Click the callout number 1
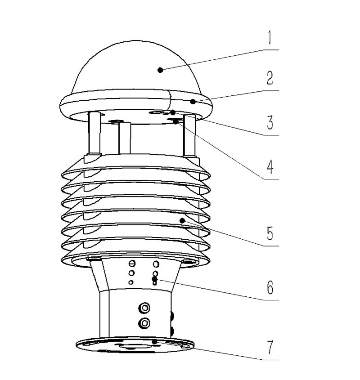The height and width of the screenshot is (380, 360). point(270,38)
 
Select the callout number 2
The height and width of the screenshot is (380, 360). point(270,78)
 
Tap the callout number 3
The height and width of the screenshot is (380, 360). point(270,122)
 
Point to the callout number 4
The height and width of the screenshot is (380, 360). point(270,167)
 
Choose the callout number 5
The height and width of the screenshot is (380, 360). point(270,233)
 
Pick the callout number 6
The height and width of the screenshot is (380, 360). point(270,287)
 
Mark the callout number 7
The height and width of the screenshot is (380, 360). point(270,347)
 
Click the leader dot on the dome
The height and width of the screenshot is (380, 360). point(160,70)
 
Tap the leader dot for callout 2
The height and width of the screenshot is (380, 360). point(193,102)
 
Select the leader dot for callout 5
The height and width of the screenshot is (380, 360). point(182,220)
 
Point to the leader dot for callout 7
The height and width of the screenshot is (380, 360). point(154,342)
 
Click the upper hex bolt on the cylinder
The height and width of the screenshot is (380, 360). point(144,308)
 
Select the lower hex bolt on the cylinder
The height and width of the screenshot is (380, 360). point(144,323)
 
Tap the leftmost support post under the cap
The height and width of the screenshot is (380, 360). point(94,133)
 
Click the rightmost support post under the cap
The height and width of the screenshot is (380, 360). point(190,135)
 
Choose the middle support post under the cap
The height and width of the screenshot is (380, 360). point(125,138)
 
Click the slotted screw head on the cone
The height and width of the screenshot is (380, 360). point(132,263)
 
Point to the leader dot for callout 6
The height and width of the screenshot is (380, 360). point(154,279)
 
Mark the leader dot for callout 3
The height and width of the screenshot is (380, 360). point(173,113)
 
